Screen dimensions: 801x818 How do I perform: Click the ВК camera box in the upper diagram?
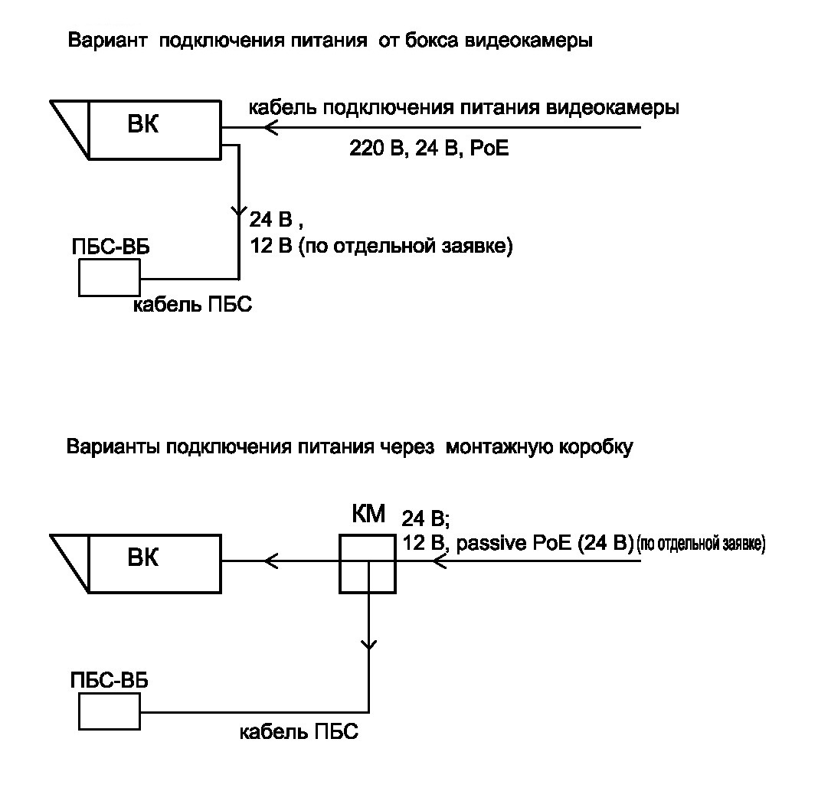[x=154, y=128]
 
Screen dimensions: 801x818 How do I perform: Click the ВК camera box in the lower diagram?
[x=154, y=561]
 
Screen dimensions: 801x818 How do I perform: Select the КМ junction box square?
[x=368, y=564]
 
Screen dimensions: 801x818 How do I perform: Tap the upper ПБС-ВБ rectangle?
[x=109, y=277]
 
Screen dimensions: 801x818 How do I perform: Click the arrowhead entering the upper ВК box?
[x=269, y=128]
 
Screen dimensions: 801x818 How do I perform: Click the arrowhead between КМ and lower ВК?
[x=269, y=561]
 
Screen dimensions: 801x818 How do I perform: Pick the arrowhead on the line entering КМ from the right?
[x=439, y=561]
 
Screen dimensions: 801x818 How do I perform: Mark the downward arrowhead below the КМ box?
[x=369, y=644]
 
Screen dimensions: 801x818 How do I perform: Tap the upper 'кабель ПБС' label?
[x=193, y=305]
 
